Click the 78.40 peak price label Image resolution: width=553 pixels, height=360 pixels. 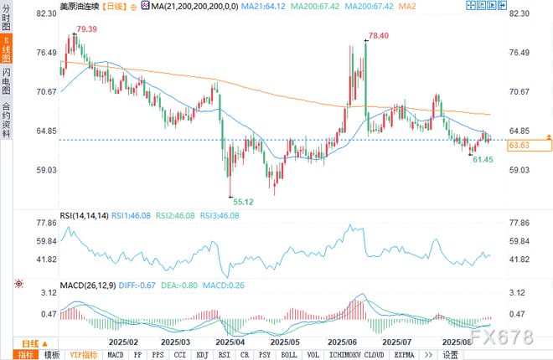[379, 36]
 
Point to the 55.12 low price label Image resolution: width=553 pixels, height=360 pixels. [243, 202]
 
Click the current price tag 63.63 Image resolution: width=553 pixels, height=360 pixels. [519, 145]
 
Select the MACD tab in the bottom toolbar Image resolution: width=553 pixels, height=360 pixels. [116, 354]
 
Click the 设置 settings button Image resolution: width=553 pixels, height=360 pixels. [450, 354]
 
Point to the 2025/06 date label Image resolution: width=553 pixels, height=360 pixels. [342, 342]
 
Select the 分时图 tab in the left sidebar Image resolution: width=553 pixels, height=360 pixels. [7, 19]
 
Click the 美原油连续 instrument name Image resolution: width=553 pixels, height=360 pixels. [79, 6]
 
